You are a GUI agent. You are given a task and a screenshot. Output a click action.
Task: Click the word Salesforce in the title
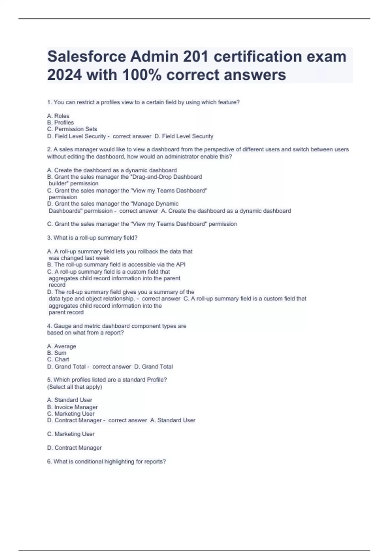87,57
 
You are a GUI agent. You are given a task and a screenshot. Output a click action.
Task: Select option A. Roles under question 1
58,116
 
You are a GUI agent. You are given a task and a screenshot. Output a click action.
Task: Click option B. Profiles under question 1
60,123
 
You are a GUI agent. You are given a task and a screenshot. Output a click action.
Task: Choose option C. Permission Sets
72,129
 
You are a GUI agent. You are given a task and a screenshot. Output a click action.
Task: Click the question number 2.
49,149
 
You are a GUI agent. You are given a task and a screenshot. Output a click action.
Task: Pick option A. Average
62,346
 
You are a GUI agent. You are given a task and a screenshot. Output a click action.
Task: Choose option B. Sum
57,353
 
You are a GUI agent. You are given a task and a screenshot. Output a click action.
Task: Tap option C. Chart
58,359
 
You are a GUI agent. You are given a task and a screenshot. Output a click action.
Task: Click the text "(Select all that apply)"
75,387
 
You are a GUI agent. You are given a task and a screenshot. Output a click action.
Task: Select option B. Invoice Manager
72,407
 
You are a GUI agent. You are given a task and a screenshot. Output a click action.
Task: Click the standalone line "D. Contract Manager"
74,448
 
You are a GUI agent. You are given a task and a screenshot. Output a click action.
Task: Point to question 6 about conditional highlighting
106,461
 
